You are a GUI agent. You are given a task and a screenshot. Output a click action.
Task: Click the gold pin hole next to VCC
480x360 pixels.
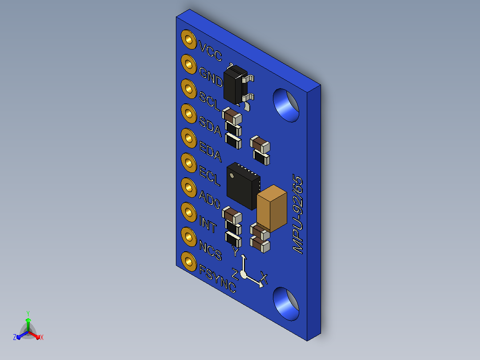[189, 40]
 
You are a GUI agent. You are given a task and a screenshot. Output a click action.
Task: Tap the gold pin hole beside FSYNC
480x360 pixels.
[189, 262]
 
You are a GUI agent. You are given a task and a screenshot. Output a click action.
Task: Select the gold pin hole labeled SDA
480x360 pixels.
[189, 114]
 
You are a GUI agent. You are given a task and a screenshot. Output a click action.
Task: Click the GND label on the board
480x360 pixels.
[211, 76]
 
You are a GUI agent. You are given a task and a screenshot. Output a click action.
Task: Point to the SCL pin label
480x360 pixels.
[210, 101]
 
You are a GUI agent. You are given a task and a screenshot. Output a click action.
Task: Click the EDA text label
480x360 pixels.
[210, 151]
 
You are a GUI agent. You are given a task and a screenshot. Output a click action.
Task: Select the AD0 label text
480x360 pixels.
[210, 200]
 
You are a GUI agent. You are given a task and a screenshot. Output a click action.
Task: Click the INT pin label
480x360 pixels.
[208, 224]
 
